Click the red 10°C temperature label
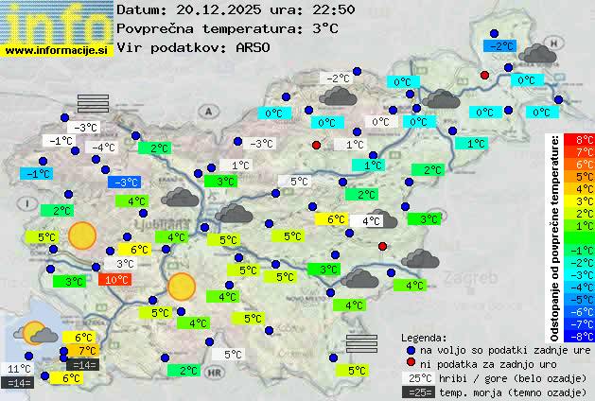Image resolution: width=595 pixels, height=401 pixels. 116,280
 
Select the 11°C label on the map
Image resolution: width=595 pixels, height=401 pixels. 19,369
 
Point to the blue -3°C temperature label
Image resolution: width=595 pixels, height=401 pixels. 124,182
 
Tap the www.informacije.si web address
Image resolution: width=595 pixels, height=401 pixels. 57,49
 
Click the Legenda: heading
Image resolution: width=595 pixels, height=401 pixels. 424,337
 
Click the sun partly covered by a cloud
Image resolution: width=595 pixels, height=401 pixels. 37,332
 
